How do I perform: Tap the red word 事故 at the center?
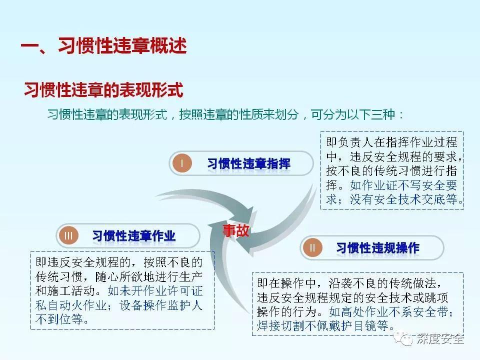tap(235, 230)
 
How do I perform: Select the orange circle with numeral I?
tap(182, 163)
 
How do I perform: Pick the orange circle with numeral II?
tap(313, 247)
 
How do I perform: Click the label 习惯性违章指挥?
tap(248, 163)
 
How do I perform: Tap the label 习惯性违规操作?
tap(377, 247)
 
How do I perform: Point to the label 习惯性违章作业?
tap(134, 236)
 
